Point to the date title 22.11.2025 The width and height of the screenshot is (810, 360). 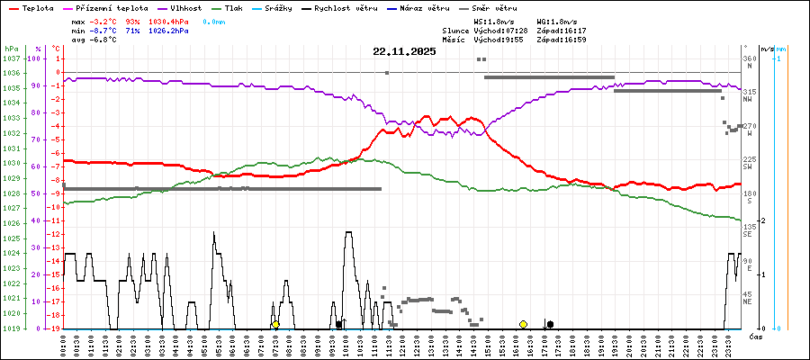pos(404,51)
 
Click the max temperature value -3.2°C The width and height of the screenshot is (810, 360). pos(104,20)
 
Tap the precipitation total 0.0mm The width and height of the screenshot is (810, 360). pos(213,20)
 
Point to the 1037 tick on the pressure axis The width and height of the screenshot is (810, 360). pos(10,58)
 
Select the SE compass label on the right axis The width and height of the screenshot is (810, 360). pos(748,234)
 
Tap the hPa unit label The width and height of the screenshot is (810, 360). pos(11,48)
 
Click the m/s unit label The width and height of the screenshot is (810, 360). pos(767,48)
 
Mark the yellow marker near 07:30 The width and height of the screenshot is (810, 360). pos(275,324)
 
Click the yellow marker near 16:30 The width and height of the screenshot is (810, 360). pos(523,324)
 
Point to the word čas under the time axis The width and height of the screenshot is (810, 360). pos(756,336)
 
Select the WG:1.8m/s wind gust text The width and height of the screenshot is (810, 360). pos(555,20)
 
